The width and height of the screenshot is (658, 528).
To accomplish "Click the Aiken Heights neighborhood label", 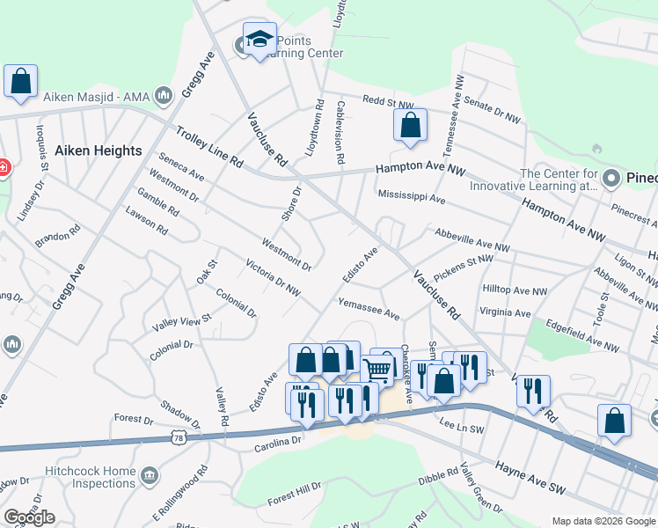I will pos(98,150).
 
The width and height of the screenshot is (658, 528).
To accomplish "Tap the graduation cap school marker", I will pos(260,40).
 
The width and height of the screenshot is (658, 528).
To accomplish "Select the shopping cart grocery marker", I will pos(378,370).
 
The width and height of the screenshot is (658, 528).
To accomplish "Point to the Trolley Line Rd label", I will pos(208,147).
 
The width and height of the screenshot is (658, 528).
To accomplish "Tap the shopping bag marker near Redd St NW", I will pos(410,127).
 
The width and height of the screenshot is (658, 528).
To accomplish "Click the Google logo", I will pos(29,517).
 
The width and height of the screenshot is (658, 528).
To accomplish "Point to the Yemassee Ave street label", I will pos(369,309).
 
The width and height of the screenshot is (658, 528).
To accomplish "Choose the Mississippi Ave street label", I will pos(411,197).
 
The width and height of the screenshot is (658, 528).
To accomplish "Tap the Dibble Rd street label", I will pos(439,477).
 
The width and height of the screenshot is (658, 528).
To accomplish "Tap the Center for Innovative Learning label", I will pos(559,180).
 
